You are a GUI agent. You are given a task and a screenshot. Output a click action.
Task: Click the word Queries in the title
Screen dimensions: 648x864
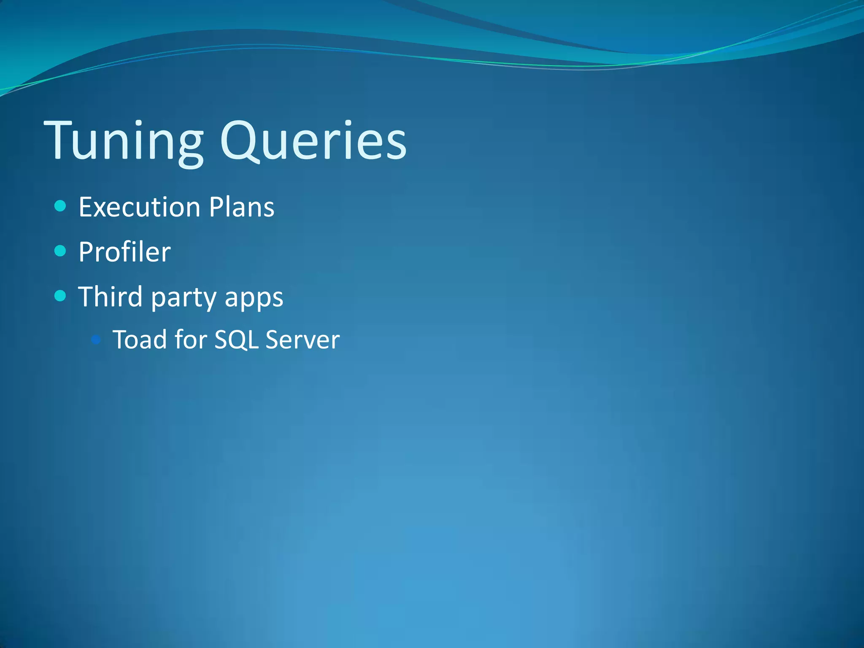coord(313,141)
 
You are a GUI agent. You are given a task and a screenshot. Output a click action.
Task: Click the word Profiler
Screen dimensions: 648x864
coord(124,252)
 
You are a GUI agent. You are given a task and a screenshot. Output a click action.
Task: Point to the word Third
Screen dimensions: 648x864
coord(111,297)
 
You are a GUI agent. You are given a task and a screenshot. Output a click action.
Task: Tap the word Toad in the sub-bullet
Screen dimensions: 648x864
coord(139,340)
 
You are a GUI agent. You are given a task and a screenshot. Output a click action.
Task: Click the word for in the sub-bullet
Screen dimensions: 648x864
coord(190,340)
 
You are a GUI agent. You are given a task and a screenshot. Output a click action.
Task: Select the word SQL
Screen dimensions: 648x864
coord(236,340)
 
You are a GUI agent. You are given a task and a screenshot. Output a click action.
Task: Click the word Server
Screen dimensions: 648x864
coord(302,340)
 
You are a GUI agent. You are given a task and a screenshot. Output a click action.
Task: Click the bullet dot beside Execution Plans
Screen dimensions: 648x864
coord(61,206)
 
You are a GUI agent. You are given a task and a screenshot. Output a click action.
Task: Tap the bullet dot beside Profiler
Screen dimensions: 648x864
coord(61,251)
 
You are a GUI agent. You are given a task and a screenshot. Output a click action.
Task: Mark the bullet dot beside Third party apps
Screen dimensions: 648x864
coord(61,296)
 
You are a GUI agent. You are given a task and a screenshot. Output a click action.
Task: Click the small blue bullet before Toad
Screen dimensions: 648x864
coord(96,339)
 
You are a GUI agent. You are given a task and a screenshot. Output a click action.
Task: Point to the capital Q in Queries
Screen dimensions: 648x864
coord(240,141)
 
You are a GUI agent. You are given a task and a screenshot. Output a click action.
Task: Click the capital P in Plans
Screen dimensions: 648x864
coord(216,207)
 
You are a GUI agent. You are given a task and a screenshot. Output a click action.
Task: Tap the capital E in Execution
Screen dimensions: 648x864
coord(86,207)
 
